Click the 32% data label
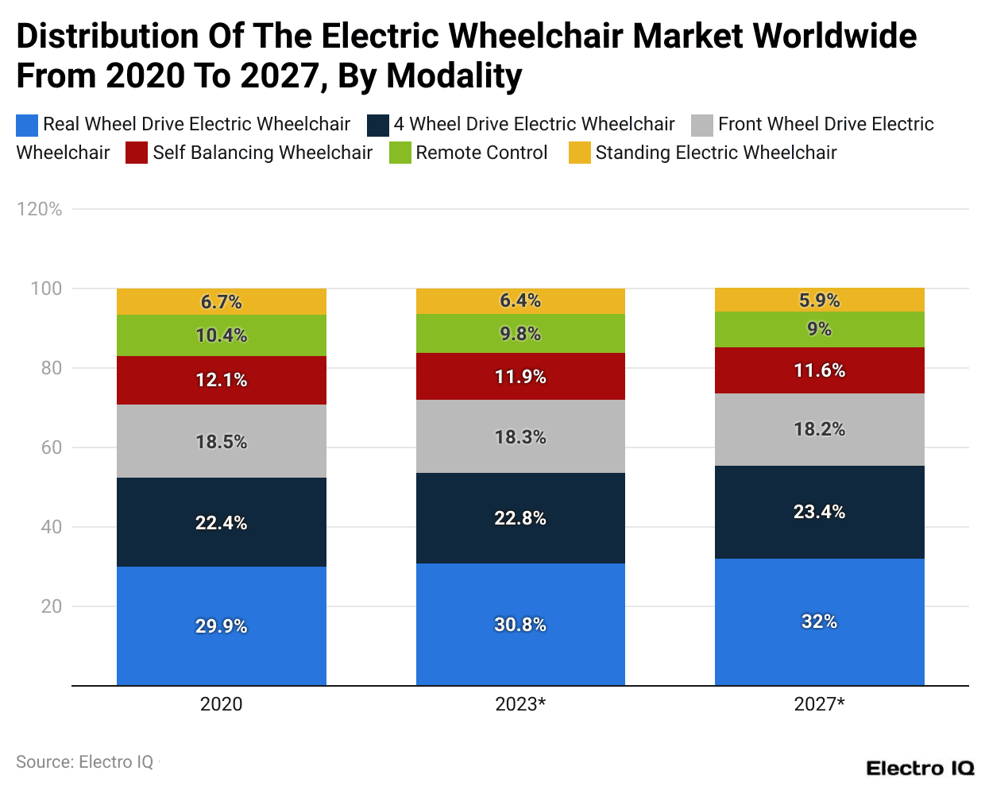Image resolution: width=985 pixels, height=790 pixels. click(x=819, y=622)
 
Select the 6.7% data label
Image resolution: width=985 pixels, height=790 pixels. click(x=221, y=302)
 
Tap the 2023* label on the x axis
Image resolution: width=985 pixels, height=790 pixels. click(x=520, y=704)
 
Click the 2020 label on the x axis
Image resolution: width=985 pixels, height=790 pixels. click(x=221, y=704)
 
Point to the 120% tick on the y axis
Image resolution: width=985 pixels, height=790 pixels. click(x=39, y=209)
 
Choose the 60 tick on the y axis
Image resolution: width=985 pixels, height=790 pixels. click(x=51, y=447)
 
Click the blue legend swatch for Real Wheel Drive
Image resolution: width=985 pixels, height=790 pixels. click(x=27, y=125)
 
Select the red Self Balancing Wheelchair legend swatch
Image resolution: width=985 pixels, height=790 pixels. click(x=137, y=153)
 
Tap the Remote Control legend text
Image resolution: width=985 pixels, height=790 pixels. click(x=481, y=153)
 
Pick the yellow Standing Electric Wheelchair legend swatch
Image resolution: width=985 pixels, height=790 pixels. click(x=580, y=153)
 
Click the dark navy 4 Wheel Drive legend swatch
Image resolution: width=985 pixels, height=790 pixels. click(x=378, y=125)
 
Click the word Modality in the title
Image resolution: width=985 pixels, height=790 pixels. click(x=454, y=76)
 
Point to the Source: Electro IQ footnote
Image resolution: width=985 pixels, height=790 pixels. click(x=84, y=762)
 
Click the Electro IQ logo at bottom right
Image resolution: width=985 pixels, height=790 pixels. click(x=919, y=769)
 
